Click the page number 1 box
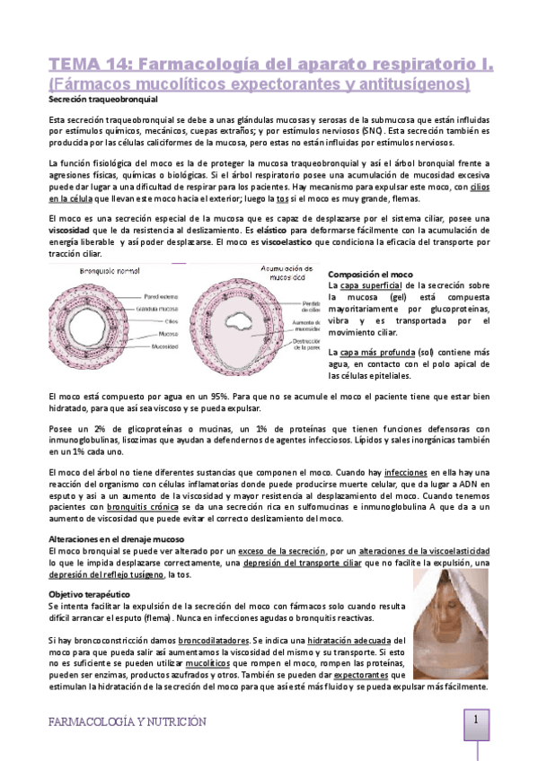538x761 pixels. (477, 720)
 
